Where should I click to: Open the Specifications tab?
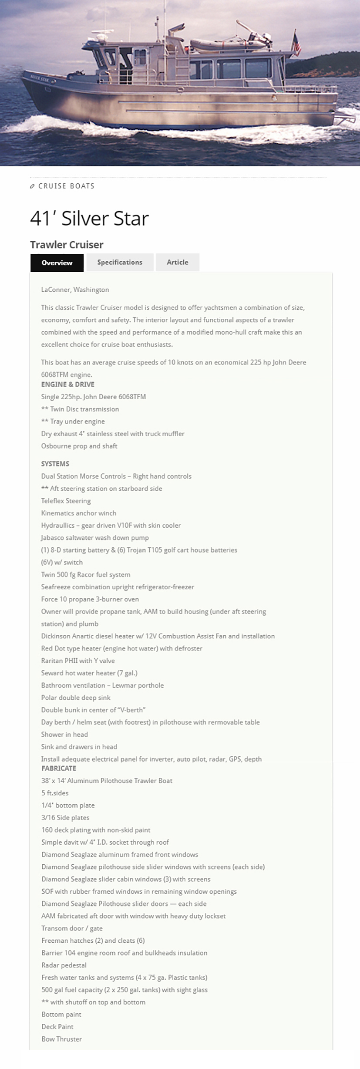coord(120,262)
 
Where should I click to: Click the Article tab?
coord(178,262)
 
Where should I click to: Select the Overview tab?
coord(57,263)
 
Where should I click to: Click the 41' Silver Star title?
coord(89,218)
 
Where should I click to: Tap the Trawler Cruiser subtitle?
coord(67,245)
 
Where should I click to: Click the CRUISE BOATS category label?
coord(66,186)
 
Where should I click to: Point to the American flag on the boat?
coord(296,44)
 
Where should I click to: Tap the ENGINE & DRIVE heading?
coord(67,384)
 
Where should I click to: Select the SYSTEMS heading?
coord(55,464)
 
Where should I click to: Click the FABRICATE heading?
coord(59,768)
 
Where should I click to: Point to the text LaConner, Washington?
coord(75,290)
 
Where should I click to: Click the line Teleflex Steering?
coord(66,501)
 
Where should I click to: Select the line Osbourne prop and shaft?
coord(79,446)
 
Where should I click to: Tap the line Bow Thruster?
coord(61,1039)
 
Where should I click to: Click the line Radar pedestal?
coord(64,965)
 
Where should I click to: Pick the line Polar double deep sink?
coord(76,697)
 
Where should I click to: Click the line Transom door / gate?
coord(72,928)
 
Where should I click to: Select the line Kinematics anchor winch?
coord(78,513)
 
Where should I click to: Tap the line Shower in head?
coord(64,734)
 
